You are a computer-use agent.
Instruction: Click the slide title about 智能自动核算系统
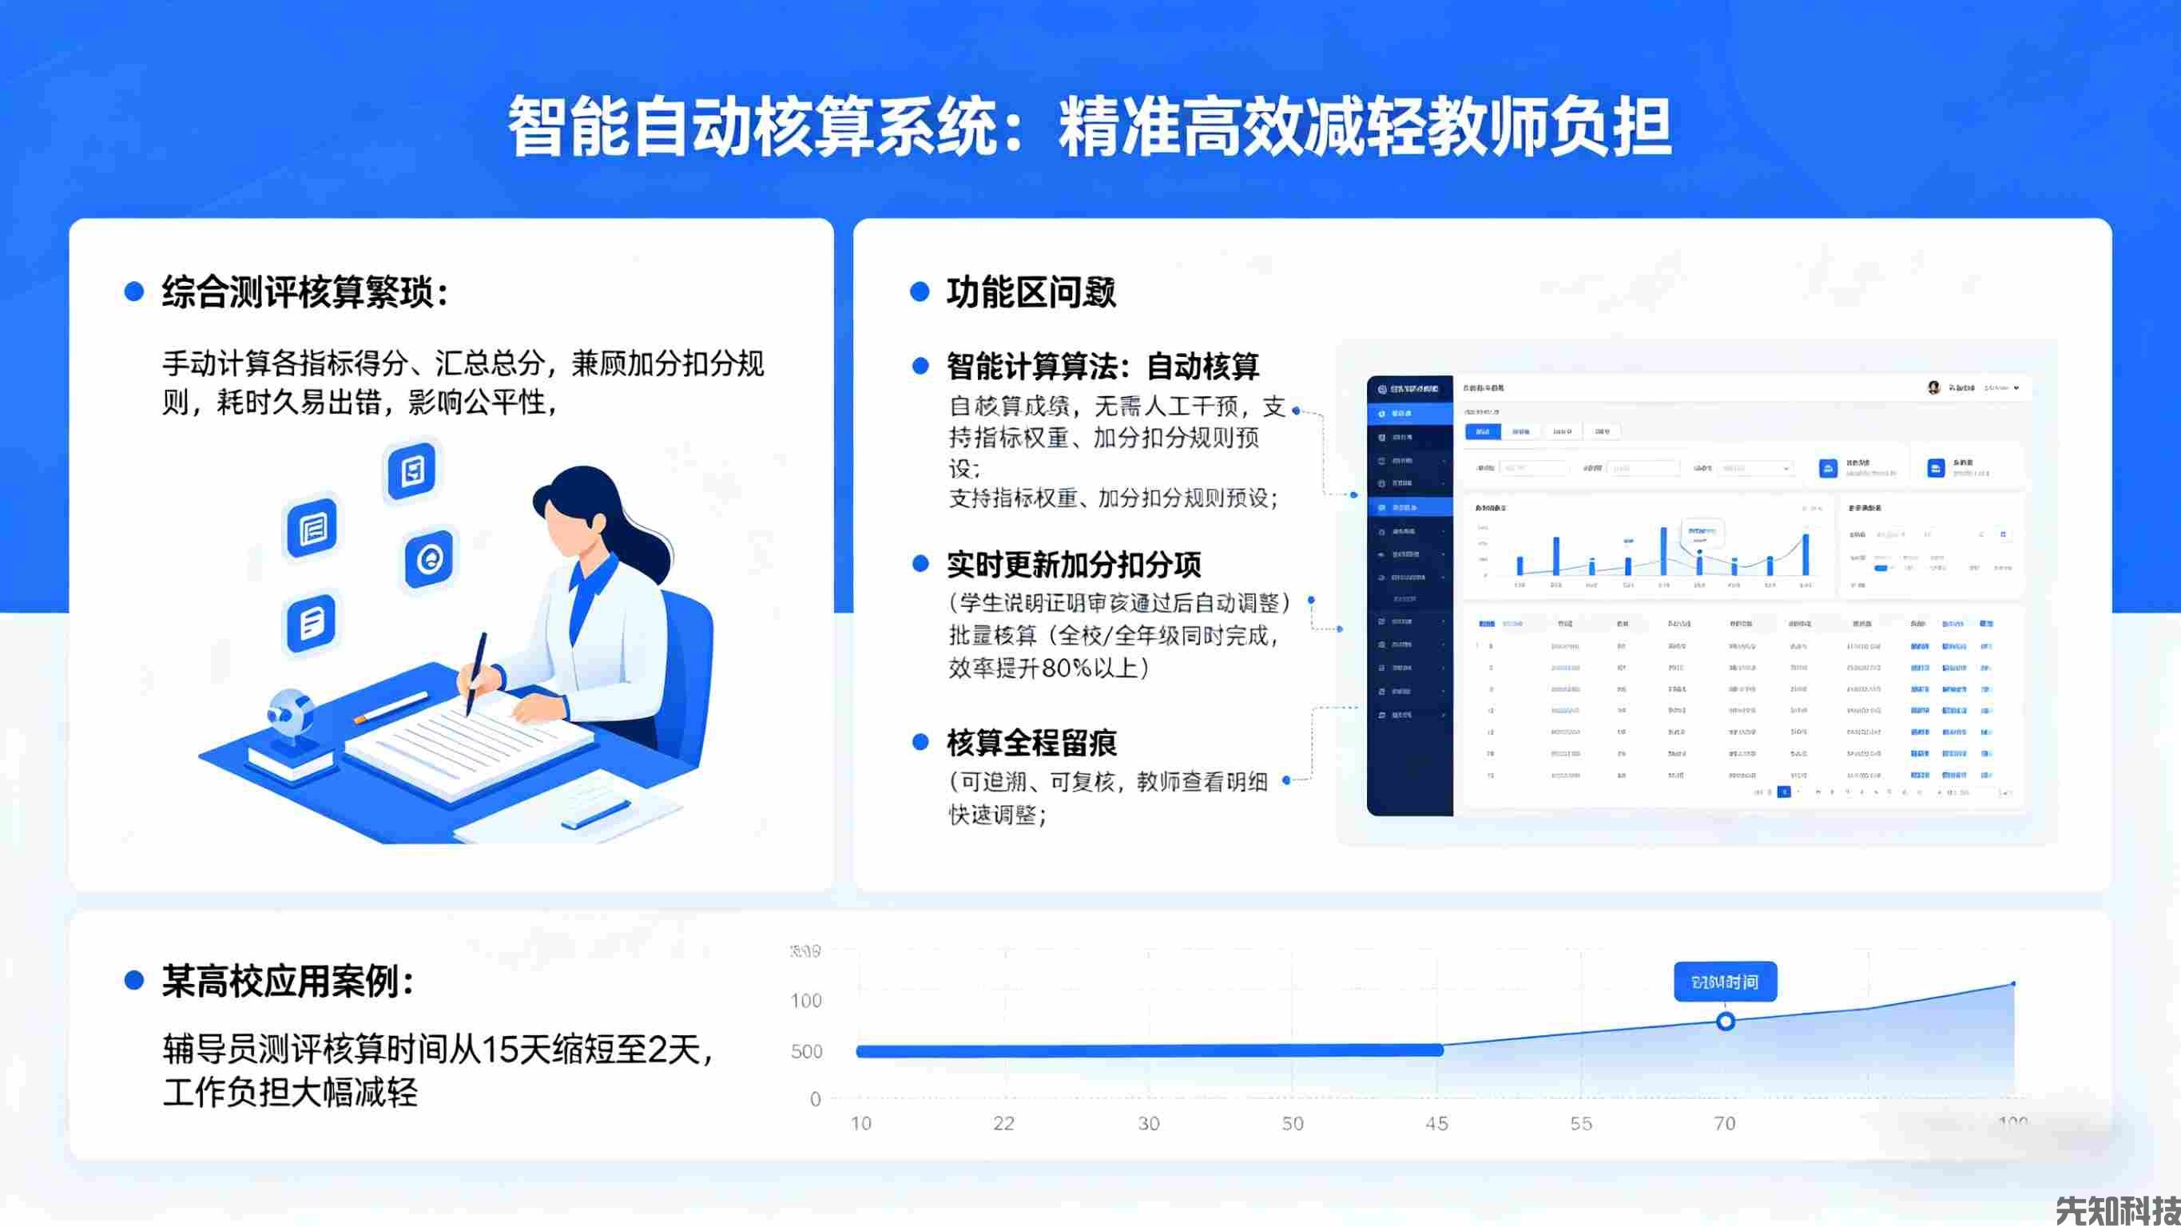1090,127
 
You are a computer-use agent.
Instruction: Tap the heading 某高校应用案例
288,982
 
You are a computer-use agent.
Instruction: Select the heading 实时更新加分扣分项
1074,564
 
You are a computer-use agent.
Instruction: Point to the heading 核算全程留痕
1031,743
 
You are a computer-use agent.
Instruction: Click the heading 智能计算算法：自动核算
1102,367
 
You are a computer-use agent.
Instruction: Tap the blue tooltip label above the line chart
1725,982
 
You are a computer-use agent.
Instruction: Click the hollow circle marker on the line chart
1725,1021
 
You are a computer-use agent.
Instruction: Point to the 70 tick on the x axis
1725,1124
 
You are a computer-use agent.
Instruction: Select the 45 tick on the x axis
1436,1124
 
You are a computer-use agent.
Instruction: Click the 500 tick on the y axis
806,1051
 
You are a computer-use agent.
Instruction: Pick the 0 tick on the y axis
816,1099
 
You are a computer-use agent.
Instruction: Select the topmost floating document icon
412,470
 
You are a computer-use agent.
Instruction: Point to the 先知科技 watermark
2116,1208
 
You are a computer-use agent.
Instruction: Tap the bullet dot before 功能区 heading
920,292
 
